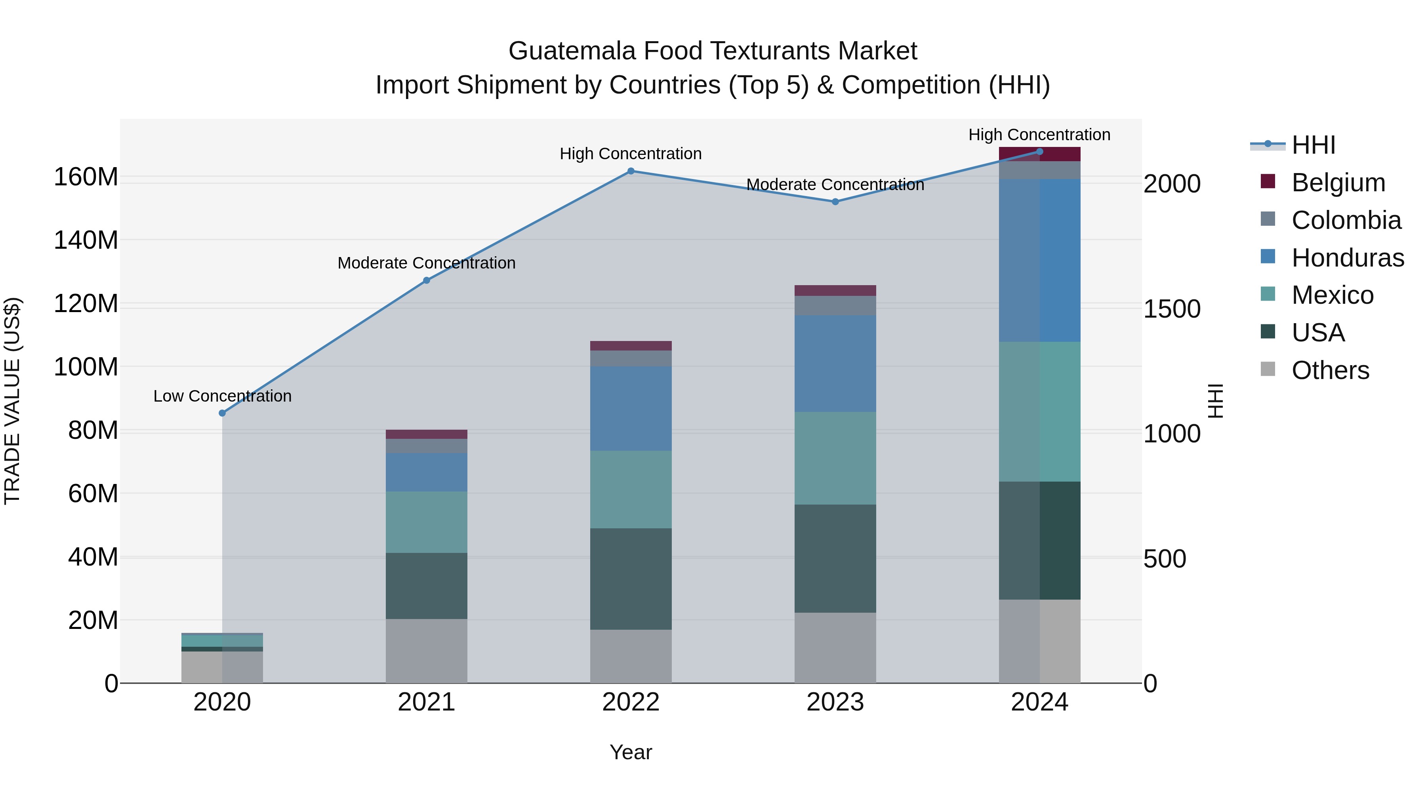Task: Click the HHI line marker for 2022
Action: [x=631, y=171]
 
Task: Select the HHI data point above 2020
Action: [x=222, y=413]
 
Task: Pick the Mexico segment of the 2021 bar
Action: [x=426, y=522]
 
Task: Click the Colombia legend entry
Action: [x=1346, y=220]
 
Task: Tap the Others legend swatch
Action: [x=1268, y=369]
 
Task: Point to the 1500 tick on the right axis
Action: [x=1172, y=309]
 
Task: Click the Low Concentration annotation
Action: [x=222, y=396]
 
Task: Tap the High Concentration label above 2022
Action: [x=631, y=154]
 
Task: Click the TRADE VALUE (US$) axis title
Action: [x=12, y=401]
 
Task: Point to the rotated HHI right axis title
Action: [x=1216, y=401]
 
